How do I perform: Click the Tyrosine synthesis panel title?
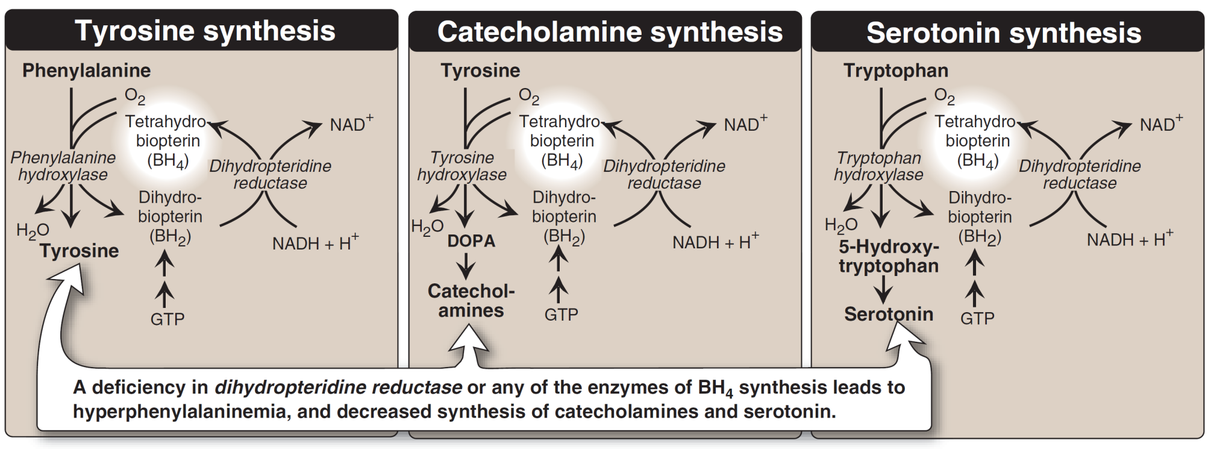[205, 31]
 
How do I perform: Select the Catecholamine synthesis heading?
[610, 32]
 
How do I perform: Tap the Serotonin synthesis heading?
[1004, 33]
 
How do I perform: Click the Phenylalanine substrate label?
[86, 71]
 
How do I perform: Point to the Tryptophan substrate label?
[895, 71]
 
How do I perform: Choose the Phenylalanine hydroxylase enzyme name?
[63, 166]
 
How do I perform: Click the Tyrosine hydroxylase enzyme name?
[462, 166]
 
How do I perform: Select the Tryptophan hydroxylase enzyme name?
[878, 166]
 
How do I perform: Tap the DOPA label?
[471, 241]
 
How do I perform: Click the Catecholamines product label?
[471, 301]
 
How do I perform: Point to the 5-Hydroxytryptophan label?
[889, 257]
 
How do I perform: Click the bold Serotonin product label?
[889, 314]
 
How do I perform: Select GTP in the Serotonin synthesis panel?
[977, 318]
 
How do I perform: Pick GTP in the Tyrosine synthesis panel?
[167, 319]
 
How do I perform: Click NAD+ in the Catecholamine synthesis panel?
[745, 124]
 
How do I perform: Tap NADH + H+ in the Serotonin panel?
[1129, 239]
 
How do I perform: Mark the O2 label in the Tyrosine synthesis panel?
[135, 96]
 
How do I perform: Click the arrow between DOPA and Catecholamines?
[466, 266]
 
